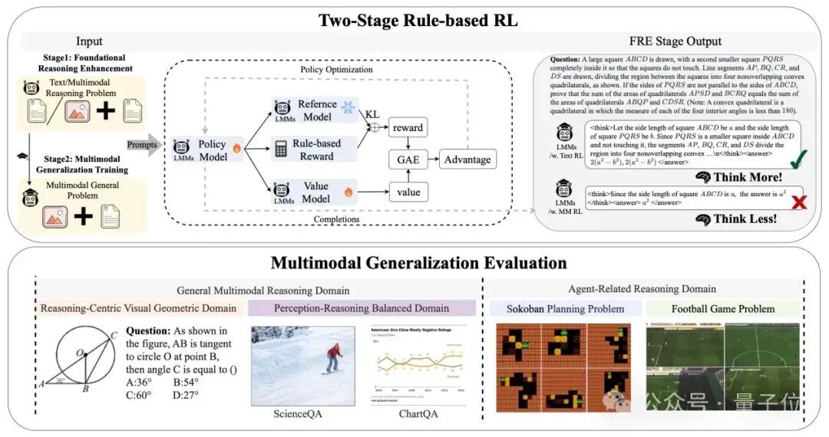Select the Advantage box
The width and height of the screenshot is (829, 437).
[x=467, y=159]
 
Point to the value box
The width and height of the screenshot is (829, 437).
[x=408, y=191]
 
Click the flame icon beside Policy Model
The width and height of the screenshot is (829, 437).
[x=237, y=152]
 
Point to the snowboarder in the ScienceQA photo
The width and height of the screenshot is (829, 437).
[x=332, y=359]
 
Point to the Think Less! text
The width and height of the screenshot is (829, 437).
[x=745, y=219]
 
